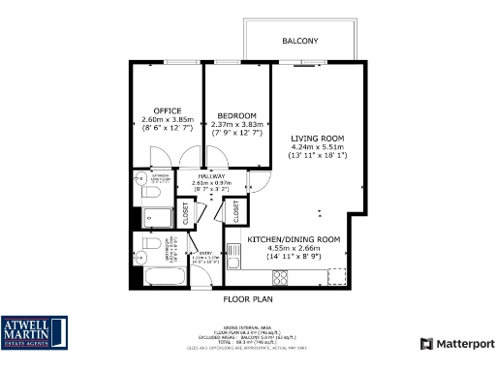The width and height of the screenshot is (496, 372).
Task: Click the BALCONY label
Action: pos(299,41)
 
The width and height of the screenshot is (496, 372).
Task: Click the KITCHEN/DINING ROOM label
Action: pos(294,238)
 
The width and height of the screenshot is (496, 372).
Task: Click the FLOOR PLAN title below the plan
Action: pos(246,300)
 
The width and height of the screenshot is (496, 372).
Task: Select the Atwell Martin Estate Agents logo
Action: pos(34,332)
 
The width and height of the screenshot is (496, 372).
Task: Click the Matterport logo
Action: pos(457,344)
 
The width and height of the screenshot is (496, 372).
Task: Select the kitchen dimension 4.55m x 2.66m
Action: pos(294,248)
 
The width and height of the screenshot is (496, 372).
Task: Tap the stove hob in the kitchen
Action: pos(281,277)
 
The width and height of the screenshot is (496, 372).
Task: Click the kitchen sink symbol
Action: pos(332,277)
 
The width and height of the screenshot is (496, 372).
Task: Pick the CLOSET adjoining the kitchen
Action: pos(234,210)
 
